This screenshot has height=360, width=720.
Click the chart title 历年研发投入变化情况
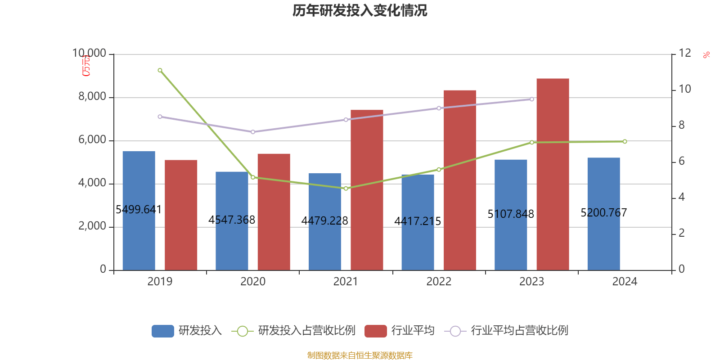(360, 10)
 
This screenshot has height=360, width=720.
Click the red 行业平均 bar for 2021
(367, 189)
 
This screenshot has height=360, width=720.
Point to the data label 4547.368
(232, 220)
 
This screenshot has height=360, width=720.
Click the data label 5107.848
(511, 214)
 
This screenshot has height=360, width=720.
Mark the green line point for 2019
(160, 70)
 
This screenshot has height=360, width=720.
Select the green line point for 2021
(346, 189)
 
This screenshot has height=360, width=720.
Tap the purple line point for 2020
(253, 132)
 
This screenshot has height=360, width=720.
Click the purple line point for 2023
(531, 99)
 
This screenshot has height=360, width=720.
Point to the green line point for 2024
(625, 142)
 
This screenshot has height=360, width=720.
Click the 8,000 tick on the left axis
(92, 97)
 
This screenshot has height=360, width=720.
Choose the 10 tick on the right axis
(684, 89)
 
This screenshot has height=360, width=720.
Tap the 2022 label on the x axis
(438, 282)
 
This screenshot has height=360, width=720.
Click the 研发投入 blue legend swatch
(162, 331)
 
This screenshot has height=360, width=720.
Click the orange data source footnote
(360, 355)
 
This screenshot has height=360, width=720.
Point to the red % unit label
(706, 55)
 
